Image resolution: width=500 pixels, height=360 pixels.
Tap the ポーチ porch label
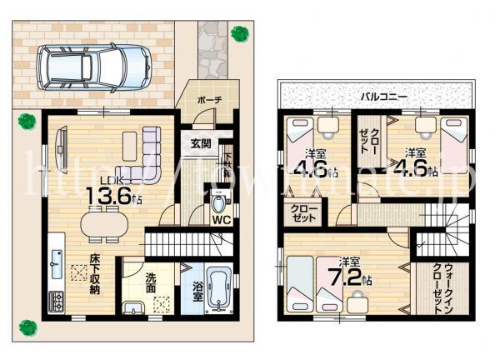click(x=209, y=100)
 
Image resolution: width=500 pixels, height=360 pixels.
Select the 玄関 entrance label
click(x=200, y=143)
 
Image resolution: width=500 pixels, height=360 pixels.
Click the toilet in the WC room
click(x=219, y=202)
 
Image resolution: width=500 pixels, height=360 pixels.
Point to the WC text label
click(x=221, y=221)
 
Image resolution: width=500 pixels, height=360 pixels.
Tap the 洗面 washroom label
click(x=152, y=282)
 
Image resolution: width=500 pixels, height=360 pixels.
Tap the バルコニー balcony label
click(x=383, y=97)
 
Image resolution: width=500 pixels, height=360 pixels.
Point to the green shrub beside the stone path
click(x=240, y=33)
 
